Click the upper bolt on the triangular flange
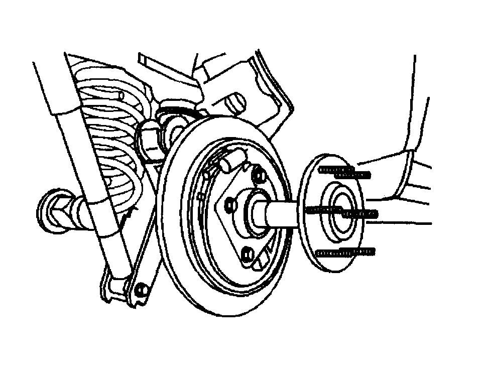click(260, 176)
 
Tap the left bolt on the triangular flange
click(229, 203)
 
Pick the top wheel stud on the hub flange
click(345, 172)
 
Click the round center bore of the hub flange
click(335, 208)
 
